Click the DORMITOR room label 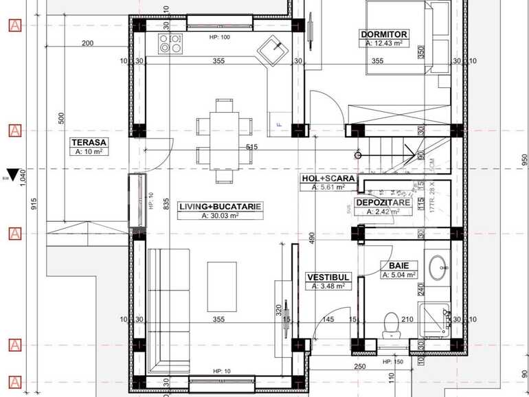coord(383,34)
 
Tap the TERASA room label coord(89,142)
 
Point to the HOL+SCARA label coord(328,179)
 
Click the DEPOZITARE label coord(383,203)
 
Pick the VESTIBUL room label coord(329,277)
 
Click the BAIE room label coord(398,265)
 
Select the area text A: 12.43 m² coord(383,43)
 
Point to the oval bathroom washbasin coord(439,266)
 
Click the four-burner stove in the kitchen coord(171,44)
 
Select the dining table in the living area coord(224,141)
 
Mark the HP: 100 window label coord(219,37)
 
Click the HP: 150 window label coord(392,361)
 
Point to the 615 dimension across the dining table coord(251,147)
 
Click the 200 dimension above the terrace coord(87,43)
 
